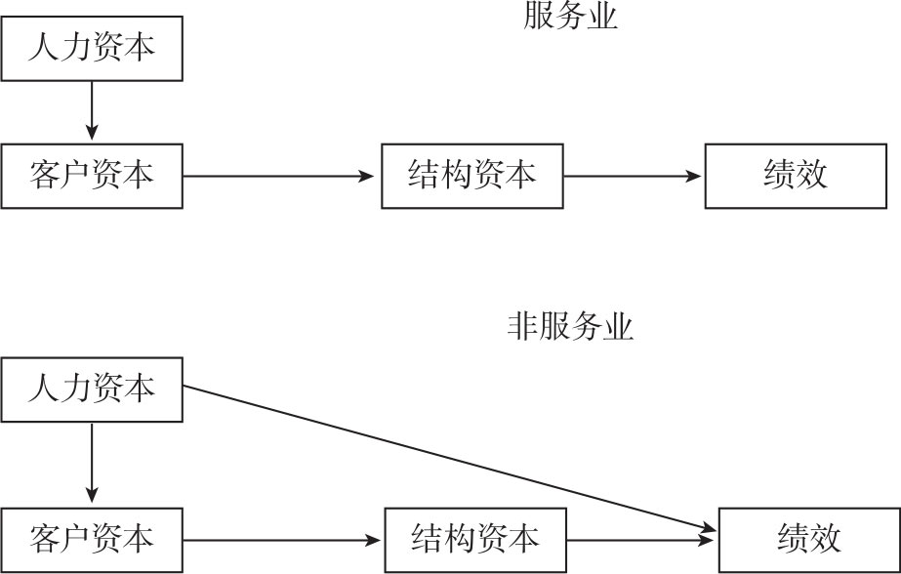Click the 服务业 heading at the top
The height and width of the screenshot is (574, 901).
point(571,17)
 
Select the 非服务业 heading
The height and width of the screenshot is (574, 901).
point(570,326)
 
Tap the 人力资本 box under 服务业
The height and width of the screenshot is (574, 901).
point(92,48)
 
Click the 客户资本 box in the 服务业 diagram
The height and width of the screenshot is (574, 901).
point(92,176)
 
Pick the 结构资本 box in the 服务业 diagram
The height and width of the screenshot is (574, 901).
point(471,176)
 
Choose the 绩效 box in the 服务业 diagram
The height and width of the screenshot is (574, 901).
point(796,176)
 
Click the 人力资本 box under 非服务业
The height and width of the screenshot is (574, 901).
point(92,389)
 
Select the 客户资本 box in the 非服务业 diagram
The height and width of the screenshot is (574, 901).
point(92,539)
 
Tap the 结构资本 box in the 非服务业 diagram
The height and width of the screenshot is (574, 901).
point(474,539)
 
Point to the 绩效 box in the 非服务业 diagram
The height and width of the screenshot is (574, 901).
point(809,539)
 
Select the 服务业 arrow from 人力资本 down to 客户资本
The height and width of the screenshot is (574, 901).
point(92,111)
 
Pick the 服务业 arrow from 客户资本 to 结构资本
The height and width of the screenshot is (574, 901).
point(279,177)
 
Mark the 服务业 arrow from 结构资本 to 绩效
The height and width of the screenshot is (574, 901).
point(633,177)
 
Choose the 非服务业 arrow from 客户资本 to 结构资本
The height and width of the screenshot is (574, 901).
point(283,539)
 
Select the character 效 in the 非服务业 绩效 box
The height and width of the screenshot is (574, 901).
point(825,539)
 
